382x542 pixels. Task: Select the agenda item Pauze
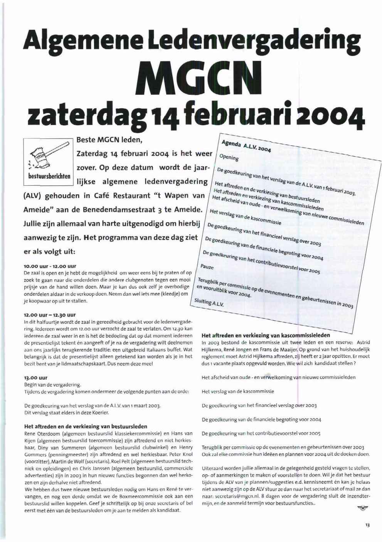207,267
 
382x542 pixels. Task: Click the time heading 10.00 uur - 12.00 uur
50,266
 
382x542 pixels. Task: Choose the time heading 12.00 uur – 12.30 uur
50,315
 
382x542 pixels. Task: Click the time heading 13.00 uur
36,377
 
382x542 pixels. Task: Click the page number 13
367,525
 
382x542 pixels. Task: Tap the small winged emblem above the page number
362,509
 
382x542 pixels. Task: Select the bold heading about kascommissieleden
266,335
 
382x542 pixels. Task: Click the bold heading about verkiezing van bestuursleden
86,426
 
